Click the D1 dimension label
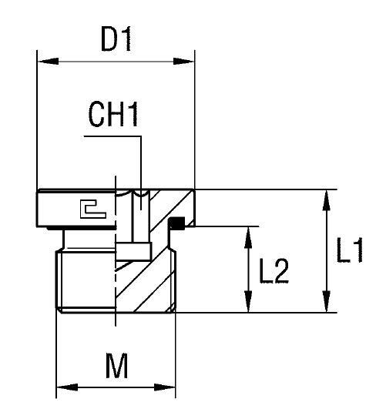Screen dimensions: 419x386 (x=115, y=39)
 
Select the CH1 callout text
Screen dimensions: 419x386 (x=113, y=116)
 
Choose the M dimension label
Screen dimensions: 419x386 (x=116, y=367)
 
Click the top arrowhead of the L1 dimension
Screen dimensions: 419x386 (x=328, y=196)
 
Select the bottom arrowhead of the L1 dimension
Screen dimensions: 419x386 (x=328, y=306)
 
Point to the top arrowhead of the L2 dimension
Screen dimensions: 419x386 (x=247, y=233)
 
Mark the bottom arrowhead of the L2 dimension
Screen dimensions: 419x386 (x=247, y=306)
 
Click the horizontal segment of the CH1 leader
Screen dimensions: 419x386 (x=112, y=138)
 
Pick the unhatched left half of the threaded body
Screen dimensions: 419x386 (x=86, y=281)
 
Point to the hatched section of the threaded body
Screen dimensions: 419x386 (x=146, y=285)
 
